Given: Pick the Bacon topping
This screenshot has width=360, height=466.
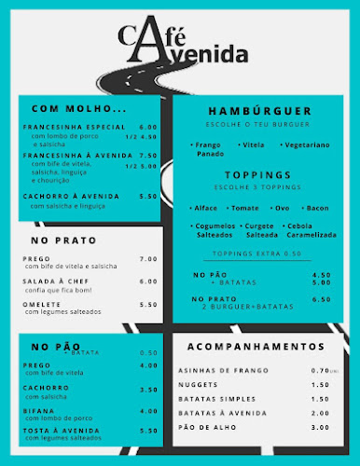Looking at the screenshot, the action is (317, 208).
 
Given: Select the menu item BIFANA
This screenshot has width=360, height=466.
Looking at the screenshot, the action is (38, 410).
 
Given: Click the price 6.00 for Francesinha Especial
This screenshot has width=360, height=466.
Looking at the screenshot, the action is (147, 127).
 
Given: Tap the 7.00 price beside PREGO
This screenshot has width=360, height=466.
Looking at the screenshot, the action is (147, 259).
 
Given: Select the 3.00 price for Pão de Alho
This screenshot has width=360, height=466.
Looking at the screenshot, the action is (321, 427).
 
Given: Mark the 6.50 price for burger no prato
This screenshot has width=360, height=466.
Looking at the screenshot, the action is (321, 299).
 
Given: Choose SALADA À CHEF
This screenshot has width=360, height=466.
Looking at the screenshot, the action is (51, 281).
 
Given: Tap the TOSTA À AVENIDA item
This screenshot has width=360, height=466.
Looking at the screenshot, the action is (61, 431).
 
